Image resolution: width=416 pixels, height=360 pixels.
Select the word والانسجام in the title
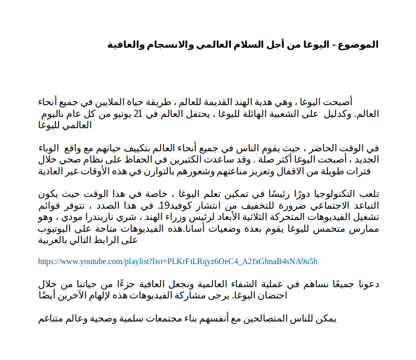(169, 45)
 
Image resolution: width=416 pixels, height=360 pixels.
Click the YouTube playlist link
(178, 262)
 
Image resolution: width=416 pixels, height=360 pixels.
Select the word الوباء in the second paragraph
(52, 148)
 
